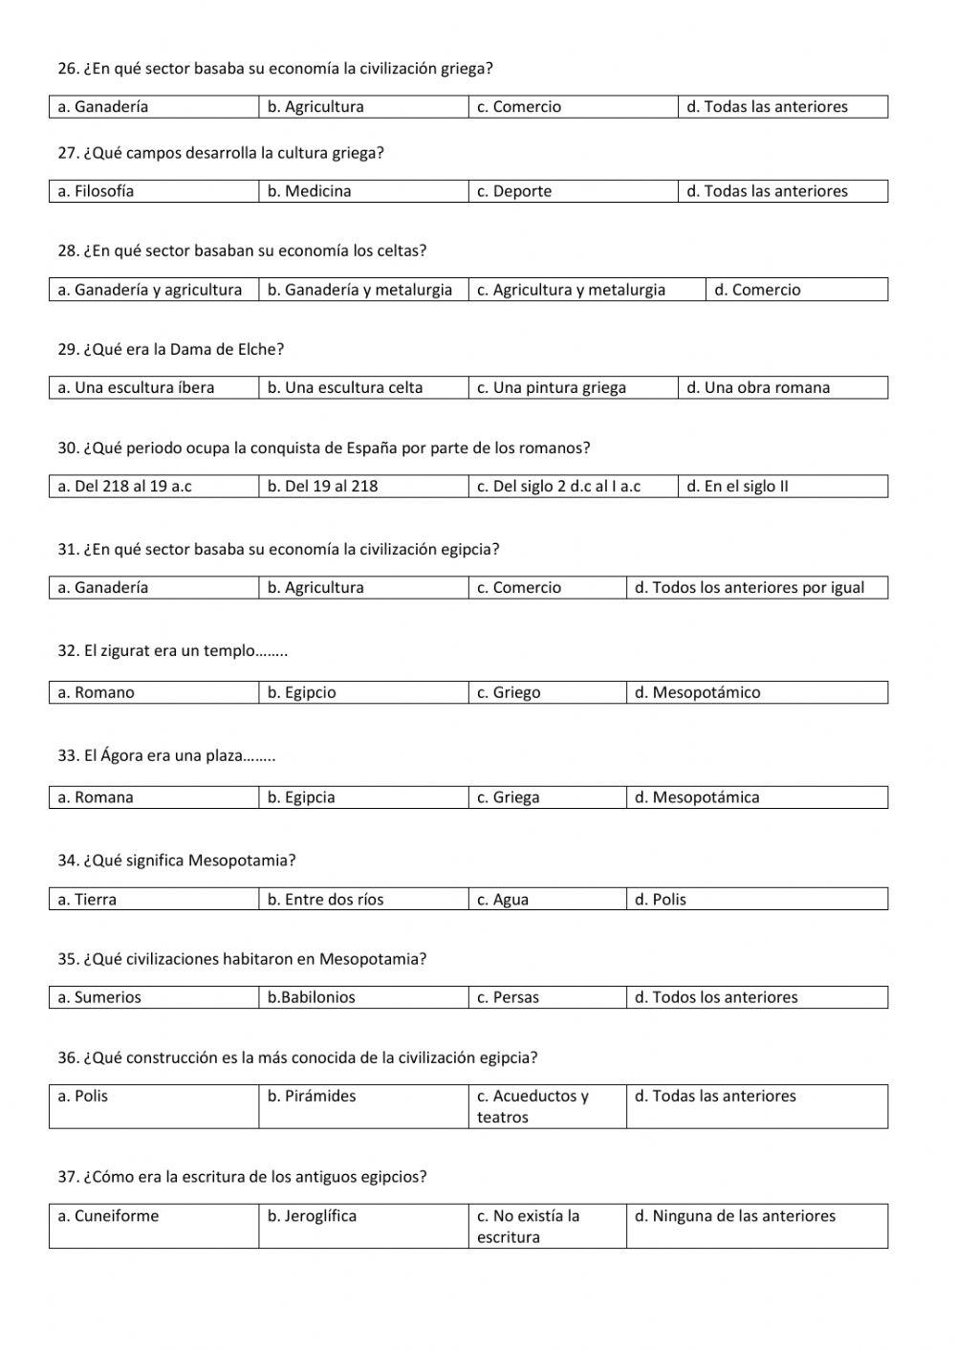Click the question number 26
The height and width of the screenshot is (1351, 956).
68,69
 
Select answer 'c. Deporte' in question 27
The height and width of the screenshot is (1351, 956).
514,191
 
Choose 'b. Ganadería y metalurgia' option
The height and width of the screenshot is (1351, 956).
359,290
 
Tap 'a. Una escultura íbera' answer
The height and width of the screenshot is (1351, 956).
136,388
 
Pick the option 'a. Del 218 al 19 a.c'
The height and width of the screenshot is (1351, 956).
124,487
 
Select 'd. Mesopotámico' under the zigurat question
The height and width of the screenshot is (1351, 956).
698,693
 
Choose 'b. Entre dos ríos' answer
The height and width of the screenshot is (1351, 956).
326,900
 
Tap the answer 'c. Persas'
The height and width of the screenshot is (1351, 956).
509,998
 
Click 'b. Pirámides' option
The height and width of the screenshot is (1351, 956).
312,1097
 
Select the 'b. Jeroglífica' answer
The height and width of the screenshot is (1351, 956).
312,1216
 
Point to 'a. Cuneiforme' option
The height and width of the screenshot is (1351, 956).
108,1216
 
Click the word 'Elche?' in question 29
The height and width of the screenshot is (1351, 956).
260,350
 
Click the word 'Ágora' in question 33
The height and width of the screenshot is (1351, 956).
121,755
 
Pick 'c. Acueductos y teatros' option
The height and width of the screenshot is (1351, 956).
532,1106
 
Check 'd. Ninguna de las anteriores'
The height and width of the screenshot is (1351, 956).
735,1216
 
